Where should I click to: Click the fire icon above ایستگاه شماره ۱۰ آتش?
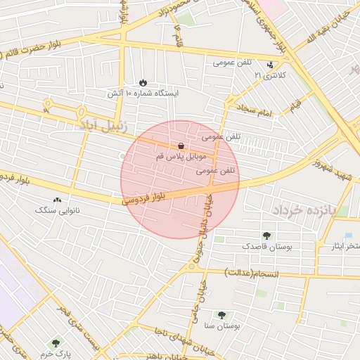[145, 82]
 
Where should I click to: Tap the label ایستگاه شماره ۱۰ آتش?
[143, 93]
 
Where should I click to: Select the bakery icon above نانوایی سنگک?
[57, 200]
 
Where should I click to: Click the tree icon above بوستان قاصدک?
[266, 236]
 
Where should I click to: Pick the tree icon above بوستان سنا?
[221, 316]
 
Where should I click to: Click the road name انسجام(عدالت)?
[252, 271]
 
